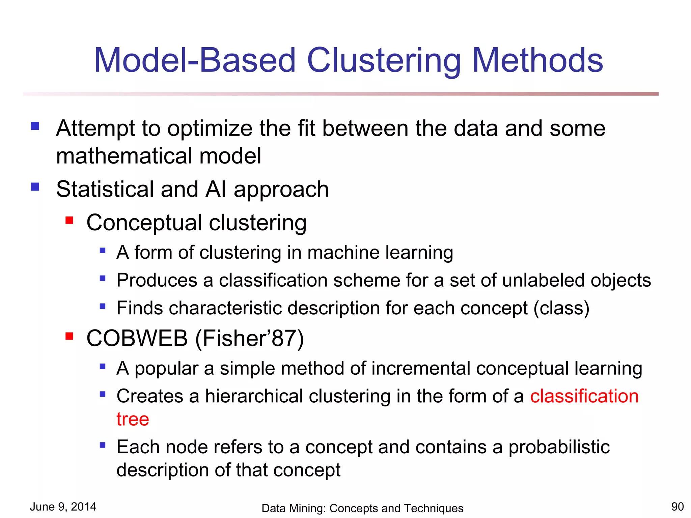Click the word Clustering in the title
(384, 61)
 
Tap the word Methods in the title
(537, 61)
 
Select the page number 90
(677, 507)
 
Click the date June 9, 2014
(63, 507)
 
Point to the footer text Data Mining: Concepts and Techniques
(362, 508)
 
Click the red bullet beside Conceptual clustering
(70, 221)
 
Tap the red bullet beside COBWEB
(70, 336)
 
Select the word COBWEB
(137, 338)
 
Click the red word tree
(133, 419)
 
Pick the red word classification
(584, 396)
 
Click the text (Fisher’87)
(250, 338)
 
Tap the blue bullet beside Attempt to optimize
(35, 126)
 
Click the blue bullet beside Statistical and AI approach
(35, 187)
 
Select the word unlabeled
(543, 280)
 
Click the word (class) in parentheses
(561, 308)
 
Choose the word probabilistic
(559, 447)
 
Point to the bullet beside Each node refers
(103, 445)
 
